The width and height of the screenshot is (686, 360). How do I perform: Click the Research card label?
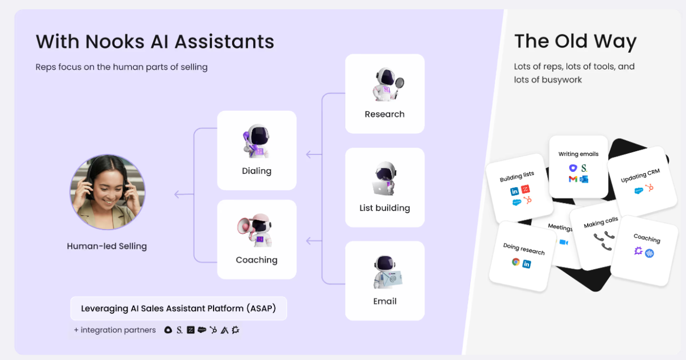[x=384, y=114]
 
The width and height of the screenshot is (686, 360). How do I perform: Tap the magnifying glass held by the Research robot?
[x=400, y=83]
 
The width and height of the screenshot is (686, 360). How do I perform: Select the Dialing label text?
[x=257, y=171]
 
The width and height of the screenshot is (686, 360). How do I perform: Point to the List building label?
[x=384, y=208]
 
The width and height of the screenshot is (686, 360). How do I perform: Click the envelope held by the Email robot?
[x=392, y=279]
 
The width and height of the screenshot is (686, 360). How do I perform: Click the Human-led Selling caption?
[x=107, y=246]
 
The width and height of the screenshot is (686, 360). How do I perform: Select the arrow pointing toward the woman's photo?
[x=183, y=194]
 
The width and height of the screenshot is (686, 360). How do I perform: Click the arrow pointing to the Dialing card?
[x=314, y=154]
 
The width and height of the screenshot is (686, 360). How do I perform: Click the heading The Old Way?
[x=575, y=41]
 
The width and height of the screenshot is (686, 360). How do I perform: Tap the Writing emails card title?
[x=578, y=154]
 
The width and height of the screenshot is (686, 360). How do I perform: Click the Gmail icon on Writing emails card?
[x=573, y=179]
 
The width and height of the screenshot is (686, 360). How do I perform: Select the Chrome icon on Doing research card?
[x=515, y=262]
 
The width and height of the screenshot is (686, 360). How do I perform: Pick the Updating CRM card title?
[x=640, y=176]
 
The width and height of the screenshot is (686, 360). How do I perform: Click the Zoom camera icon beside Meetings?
[x=563, y=242]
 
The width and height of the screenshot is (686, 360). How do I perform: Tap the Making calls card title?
[x=601, y=222]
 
